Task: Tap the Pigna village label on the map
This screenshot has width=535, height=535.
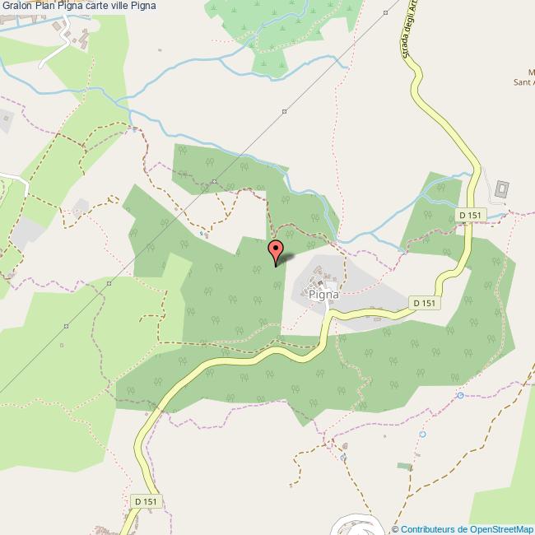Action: coord(323,290)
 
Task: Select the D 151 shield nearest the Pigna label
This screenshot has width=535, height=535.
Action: coord(423,303)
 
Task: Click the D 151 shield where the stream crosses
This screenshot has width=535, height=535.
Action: coord(472,215)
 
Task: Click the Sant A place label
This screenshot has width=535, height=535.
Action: coord(523,81)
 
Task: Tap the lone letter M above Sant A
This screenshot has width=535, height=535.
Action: coord(530,70)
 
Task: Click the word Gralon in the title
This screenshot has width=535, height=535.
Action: coord(16,7)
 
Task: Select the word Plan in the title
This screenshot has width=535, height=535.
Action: coord(45,7)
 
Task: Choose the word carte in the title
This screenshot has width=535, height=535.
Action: coord(100,7)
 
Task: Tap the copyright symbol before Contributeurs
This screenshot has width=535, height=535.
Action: coord(396,528)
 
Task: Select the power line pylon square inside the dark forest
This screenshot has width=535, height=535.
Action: coord(213,181)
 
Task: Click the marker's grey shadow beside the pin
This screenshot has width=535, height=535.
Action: coord(286,258)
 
